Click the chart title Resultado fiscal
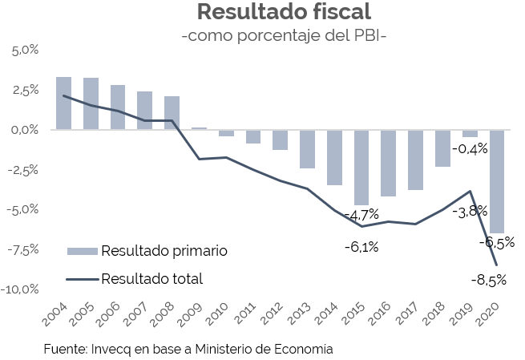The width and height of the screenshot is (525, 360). point(284,13)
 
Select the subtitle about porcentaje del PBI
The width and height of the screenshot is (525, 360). point(284,36)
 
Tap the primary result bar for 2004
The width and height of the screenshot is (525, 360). point(64,103)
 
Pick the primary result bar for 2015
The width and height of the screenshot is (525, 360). point(361,167)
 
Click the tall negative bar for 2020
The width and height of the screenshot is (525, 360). point(497,181)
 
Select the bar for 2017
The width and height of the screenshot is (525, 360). point(415,160)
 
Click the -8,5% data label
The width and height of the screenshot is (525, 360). point(488,280)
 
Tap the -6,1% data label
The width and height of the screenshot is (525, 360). point(361,247)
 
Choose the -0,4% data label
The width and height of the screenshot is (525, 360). point(470,149)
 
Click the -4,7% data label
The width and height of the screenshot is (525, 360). point(361,215)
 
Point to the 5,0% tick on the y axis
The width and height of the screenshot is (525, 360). point(24,51)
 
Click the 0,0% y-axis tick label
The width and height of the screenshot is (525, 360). point(24,130)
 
